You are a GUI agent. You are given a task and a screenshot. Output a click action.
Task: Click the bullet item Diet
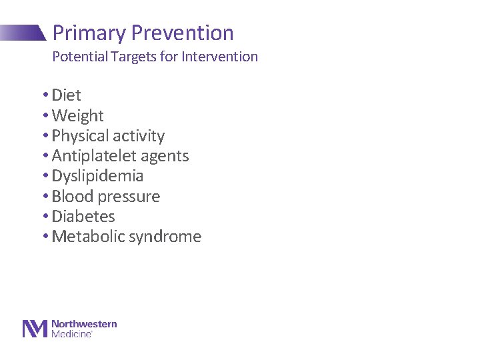coord(66,95)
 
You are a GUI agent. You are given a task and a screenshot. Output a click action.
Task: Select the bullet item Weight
coord(77,116)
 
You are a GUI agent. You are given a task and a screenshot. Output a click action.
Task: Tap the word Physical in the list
coord(79,136)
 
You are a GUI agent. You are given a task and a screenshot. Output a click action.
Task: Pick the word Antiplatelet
coord(91,156)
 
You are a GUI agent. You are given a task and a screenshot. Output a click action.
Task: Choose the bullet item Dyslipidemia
coord(97,176)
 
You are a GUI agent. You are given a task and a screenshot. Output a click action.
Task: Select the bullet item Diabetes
coord(83,217)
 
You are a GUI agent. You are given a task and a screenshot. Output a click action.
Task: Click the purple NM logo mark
coord(35,329)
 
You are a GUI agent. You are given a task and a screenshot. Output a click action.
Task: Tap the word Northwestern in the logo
coord(84,324)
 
